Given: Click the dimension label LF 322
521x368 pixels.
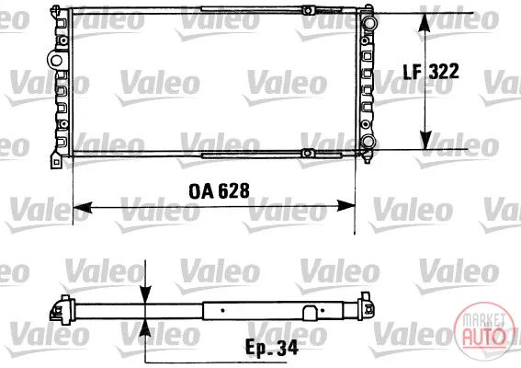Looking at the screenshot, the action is pos(431,71).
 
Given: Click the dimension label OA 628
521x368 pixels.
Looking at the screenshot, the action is pos(219,191).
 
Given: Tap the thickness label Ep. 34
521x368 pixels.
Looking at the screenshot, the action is pos(271,348).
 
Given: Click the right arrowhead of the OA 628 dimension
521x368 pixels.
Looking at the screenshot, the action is pos(345,206).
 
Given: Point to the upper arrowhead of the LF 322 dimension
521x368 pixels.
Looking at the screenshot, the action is pos(425,23).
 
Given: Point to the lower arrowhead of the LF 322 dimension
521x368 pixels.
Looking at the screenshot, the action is pos(425,140).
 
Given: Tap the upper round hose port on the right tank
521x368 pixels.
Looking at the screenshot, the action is pos(369,23).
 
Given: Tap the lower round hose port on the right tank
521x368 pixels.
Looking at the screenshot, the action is pos(368,141).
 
